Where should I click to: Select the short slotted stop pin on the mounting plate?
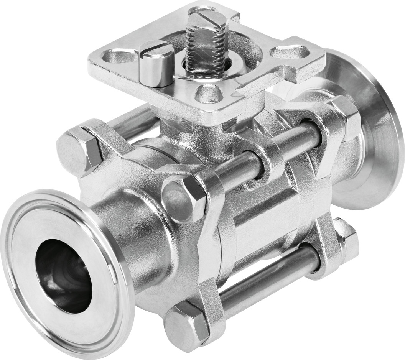coord(156,64)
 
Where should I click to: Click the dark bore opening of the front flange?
coord(63,276)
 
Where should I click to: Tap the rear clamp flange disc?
coord(368,127)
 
